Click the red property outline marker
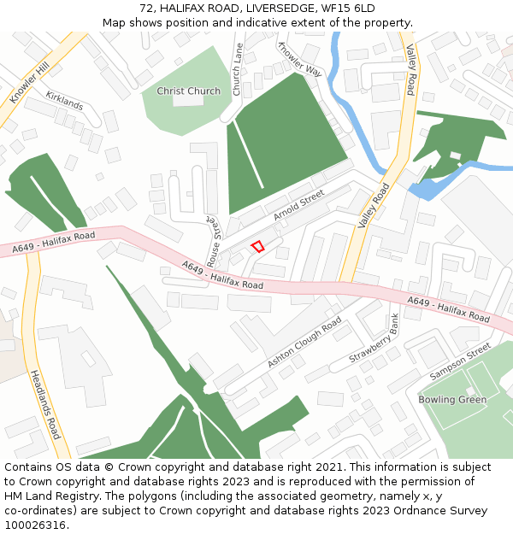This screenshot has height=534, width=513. click(256, 247)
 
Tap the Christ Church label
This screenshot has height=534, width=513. click(188, 91)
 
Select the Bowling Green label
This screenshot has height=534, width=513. click(452, 400)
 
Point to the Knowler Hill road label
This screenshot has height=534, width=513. click(30, 83)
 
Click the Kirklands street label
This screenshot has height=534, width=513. click(64, 101)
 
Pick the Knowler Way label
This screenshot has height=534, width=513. click(299, 60)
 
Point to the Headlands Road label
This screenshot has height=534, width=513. click(45, 404)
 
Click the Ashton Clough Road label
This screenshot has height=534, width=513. click(304, 343)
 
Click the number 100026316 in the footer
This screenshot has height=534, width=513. click(35, 525)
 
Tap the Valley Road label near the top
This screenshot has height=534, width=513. click(410, 69)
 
